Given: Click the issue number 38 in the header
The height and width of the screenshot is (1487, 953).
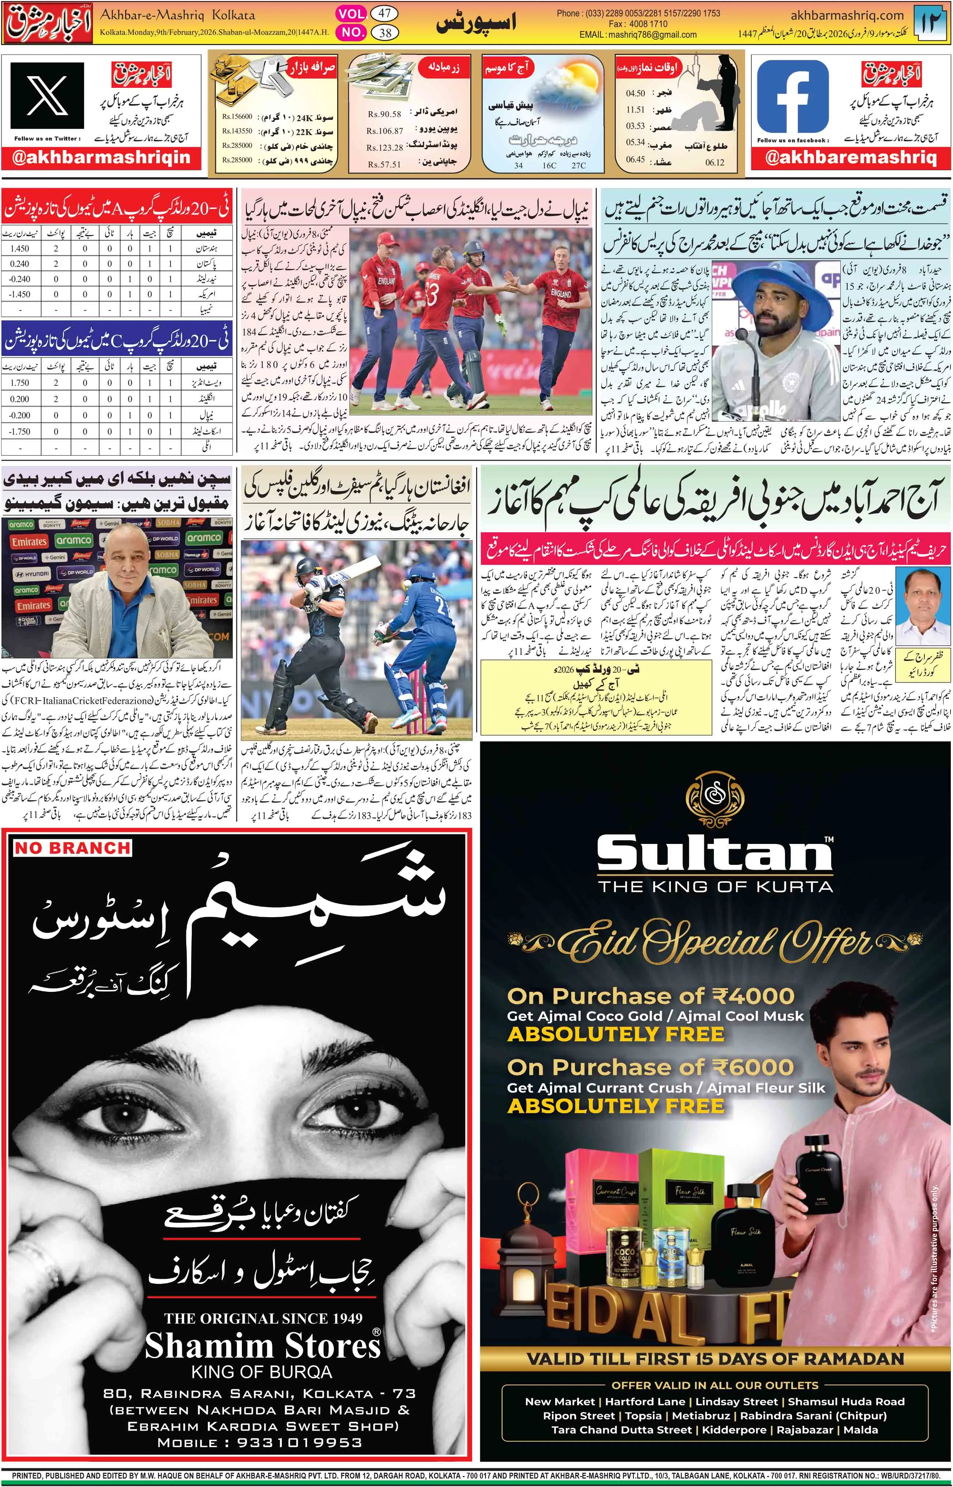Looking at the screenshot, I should pyautogui.click(x=385, y=33).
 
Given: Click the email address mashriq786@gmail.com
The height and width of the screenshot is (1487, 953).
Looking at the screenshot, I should pyautogui.click(x=655, y=35).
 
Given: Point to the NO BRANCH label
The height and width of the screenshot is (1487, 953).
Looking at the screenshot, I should pyautogui.click(x=72, y=848).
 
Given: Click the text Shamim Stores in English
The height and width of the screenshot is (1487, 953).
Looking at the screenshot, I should pyautogui.click(x=262, y=1346).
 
